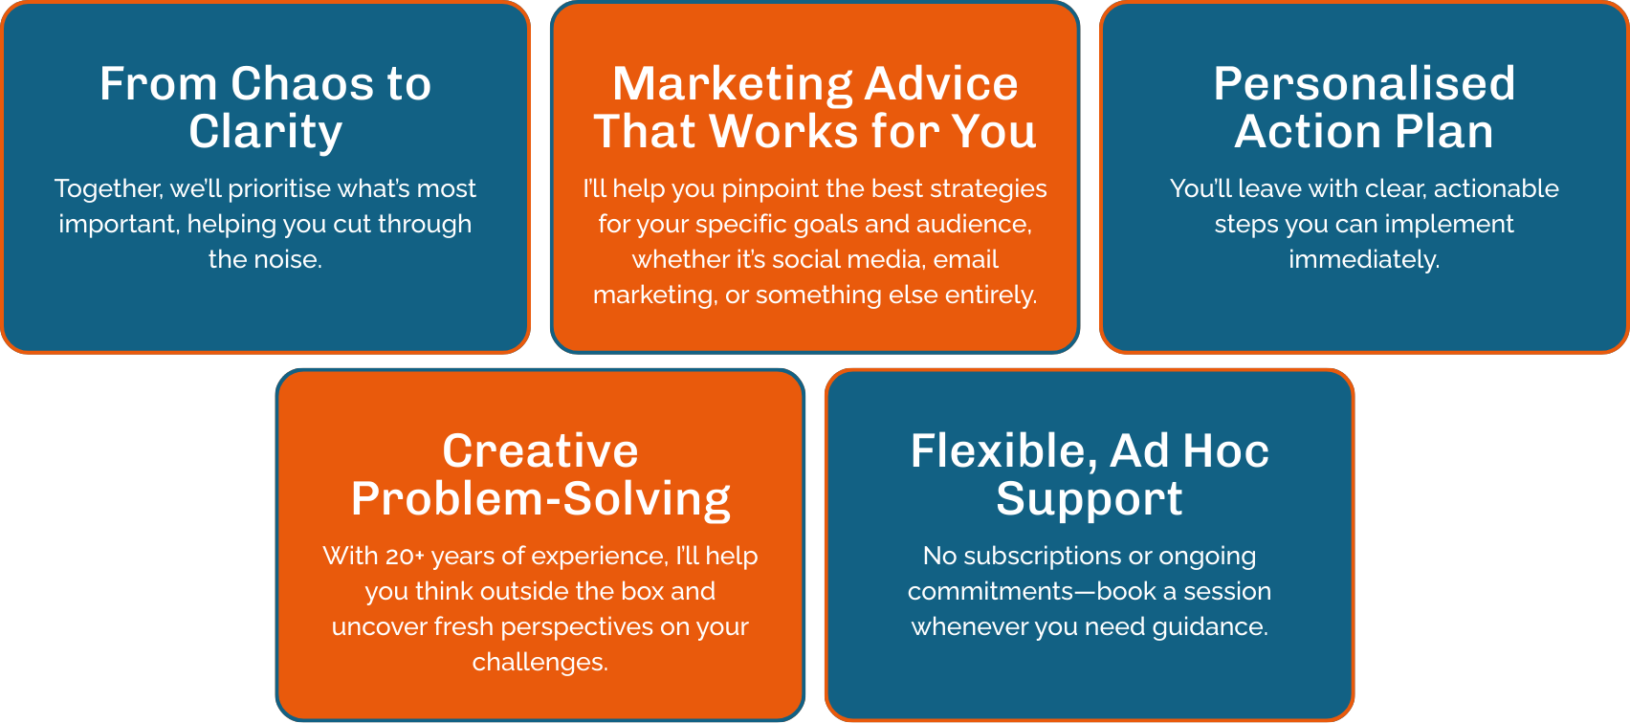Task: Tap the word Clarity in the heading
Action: click(266, 132)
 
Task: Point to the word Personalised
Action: click(1364, 83)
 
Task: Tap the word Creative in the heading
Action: click(540, 451)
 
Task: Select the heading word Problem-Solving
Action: click(540, 500)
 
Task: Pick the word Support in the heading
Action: click(1090, 500)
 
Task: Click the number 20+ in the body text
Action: click(405, 557)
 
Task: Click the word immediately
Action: click(1364, 260)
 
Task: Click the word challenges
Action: click(540, 663)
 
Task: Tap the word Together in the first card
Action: click(109, 189)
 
